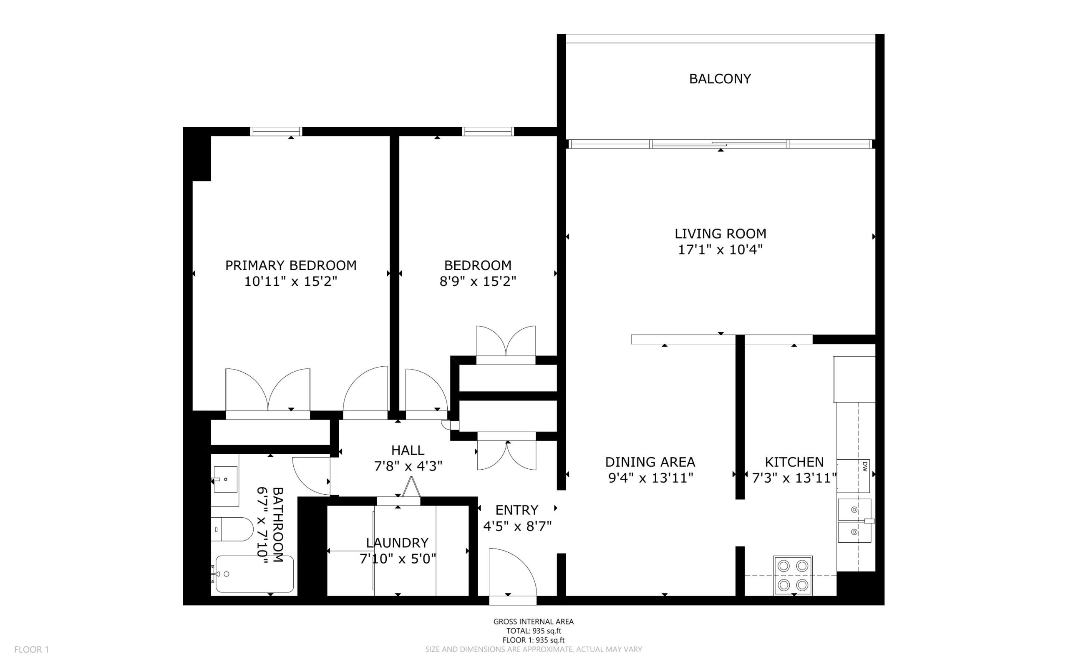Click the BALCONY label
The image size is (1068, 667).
point(720,78)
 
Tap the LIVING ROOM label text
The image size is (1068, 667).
point(720,233)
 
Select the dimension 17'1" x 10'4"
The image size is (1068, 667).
point(720,250)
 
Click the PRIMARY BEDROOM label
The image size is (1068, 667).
point(291,265)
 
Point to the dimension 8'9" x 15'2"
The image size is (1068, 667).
point(478,281)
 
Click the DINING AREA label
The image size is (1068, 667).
point(650,462)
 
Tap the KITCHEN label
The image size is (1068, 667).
point(794,462)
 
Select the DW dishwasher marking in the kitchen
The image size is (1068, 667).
point(865,466)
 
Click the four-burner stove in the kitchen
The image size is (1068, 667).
point(793,575)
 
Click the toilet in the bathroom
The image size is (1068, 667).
point(232,529)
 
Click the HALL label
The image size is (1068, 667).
point(408,450)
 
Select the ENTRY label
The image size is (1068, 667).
point(516,510)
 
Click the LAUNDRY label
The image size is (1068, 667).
point(398,543)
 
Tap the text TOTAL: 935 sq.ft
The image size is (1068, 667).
point(533,631)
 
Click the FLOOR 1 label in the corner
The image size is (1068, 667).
point(32,649)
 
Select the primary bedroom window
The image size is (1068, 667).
point(276,131)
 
